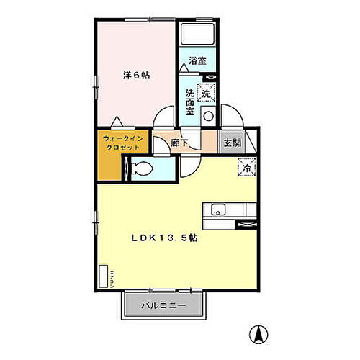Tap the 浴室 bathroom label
(197, 61)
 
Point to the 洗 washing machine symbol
(206, 93)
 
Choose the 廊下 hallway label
(180, 142)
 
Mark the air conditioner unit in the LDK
(104, 276)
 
